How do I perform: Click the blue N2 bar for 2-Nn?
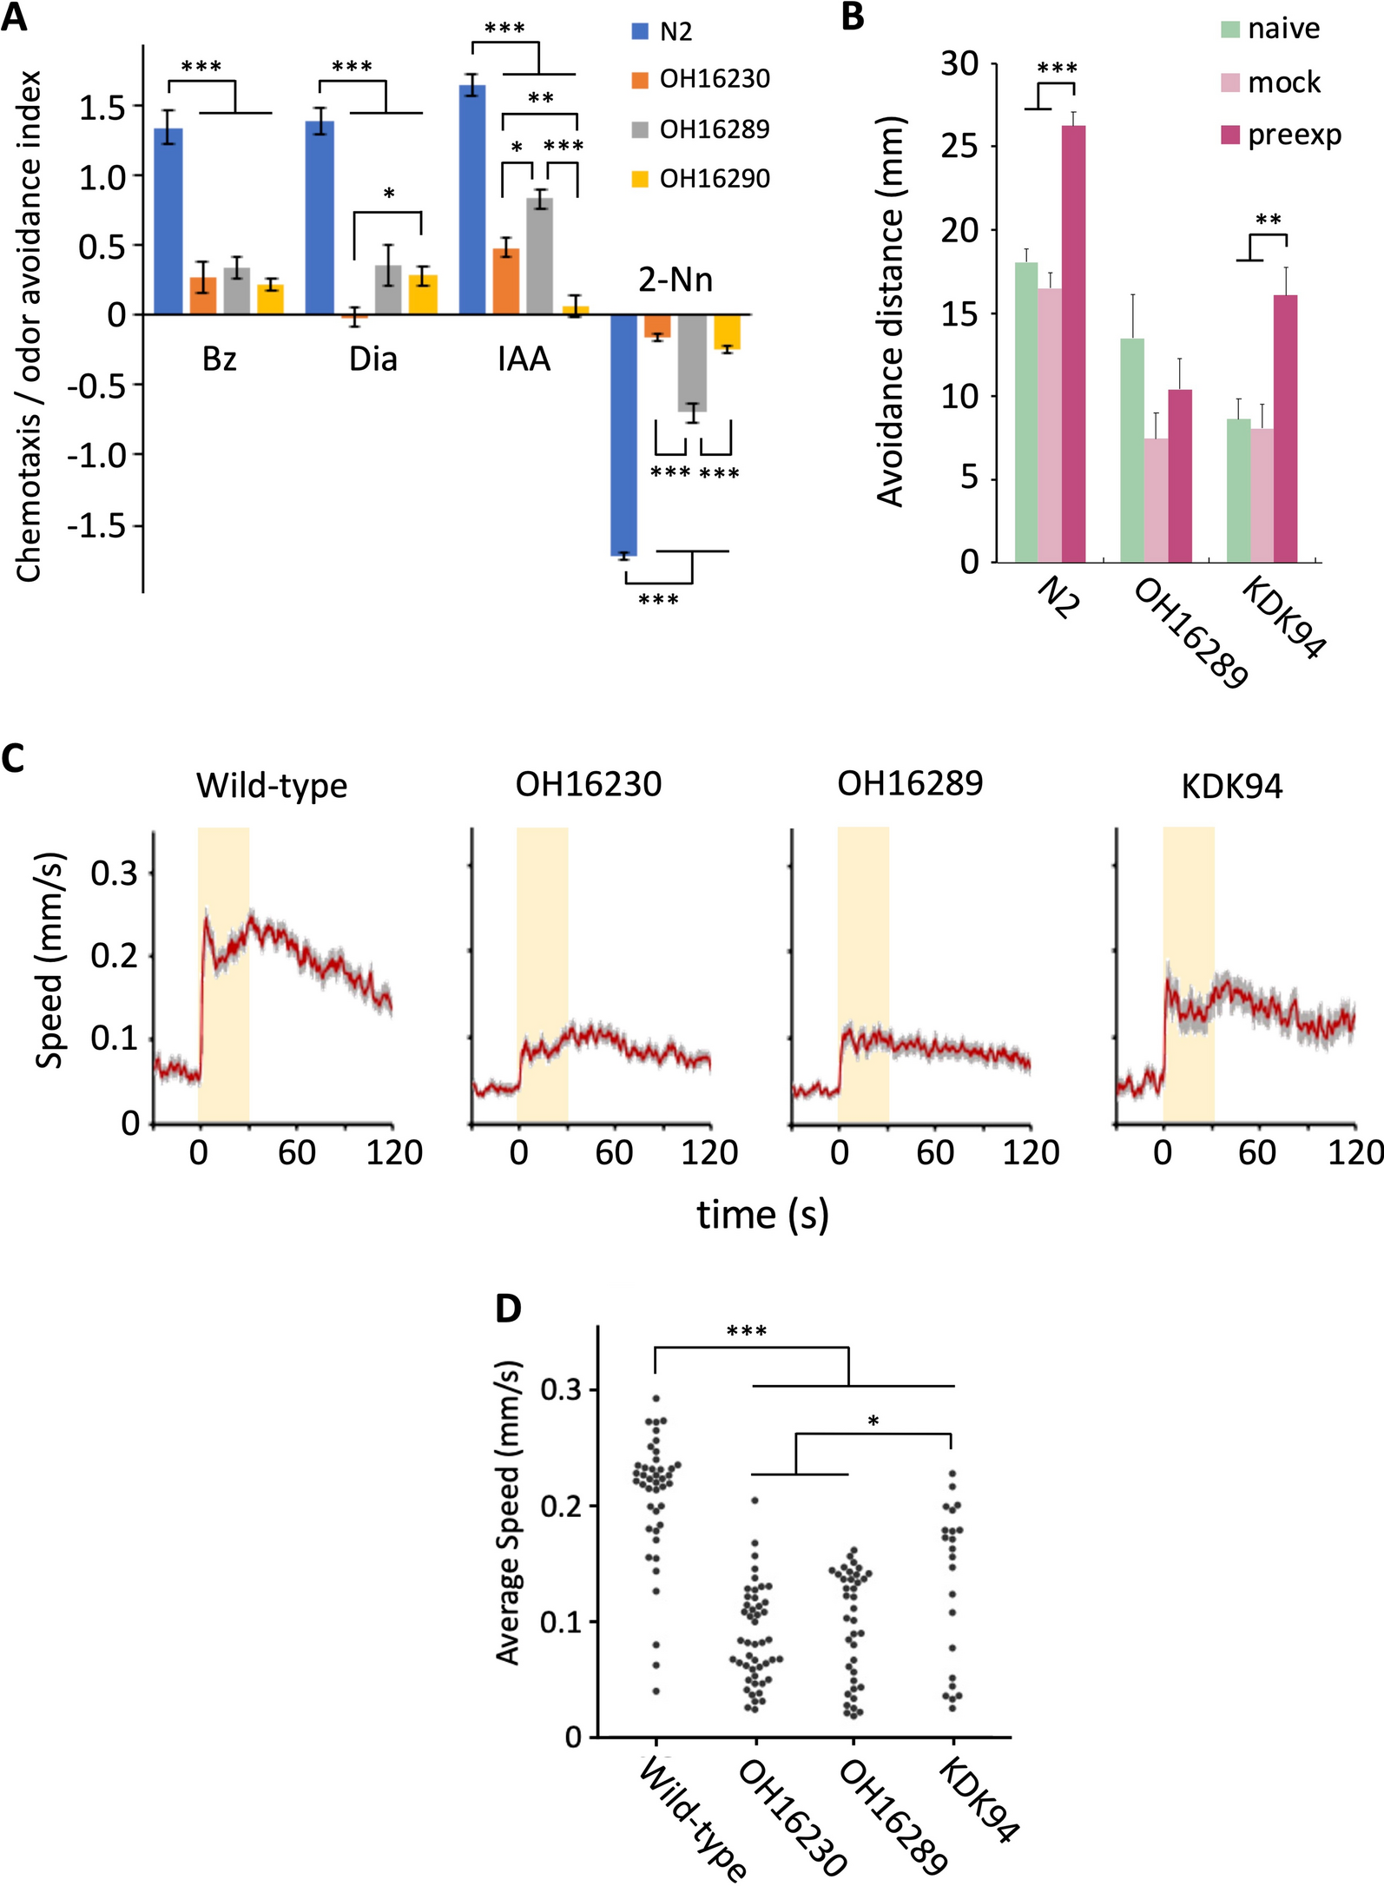(623, 434)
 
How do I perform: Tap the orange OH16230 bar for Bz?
(203, 296)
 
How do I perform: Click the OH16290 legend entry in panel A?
(701, 179)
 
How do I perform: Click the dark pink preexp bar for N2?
(1073, 344)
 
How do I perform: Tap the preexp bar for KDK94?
(1285, 429)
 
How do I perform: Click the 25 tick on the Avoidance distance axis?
(959, 146)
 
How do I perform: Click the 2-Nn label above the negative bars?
(676, 280)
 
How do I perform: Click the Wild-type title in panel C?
(272, 786)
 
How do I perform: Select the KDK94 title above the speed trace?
(1232, 787)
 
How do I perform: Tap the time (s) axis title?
(762, 1215)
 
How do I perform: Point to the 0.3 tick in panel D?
(560, 1389)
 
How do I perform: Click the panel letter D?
(508, 1308)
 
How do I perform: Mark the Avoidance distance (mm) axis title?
(891, 312)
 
